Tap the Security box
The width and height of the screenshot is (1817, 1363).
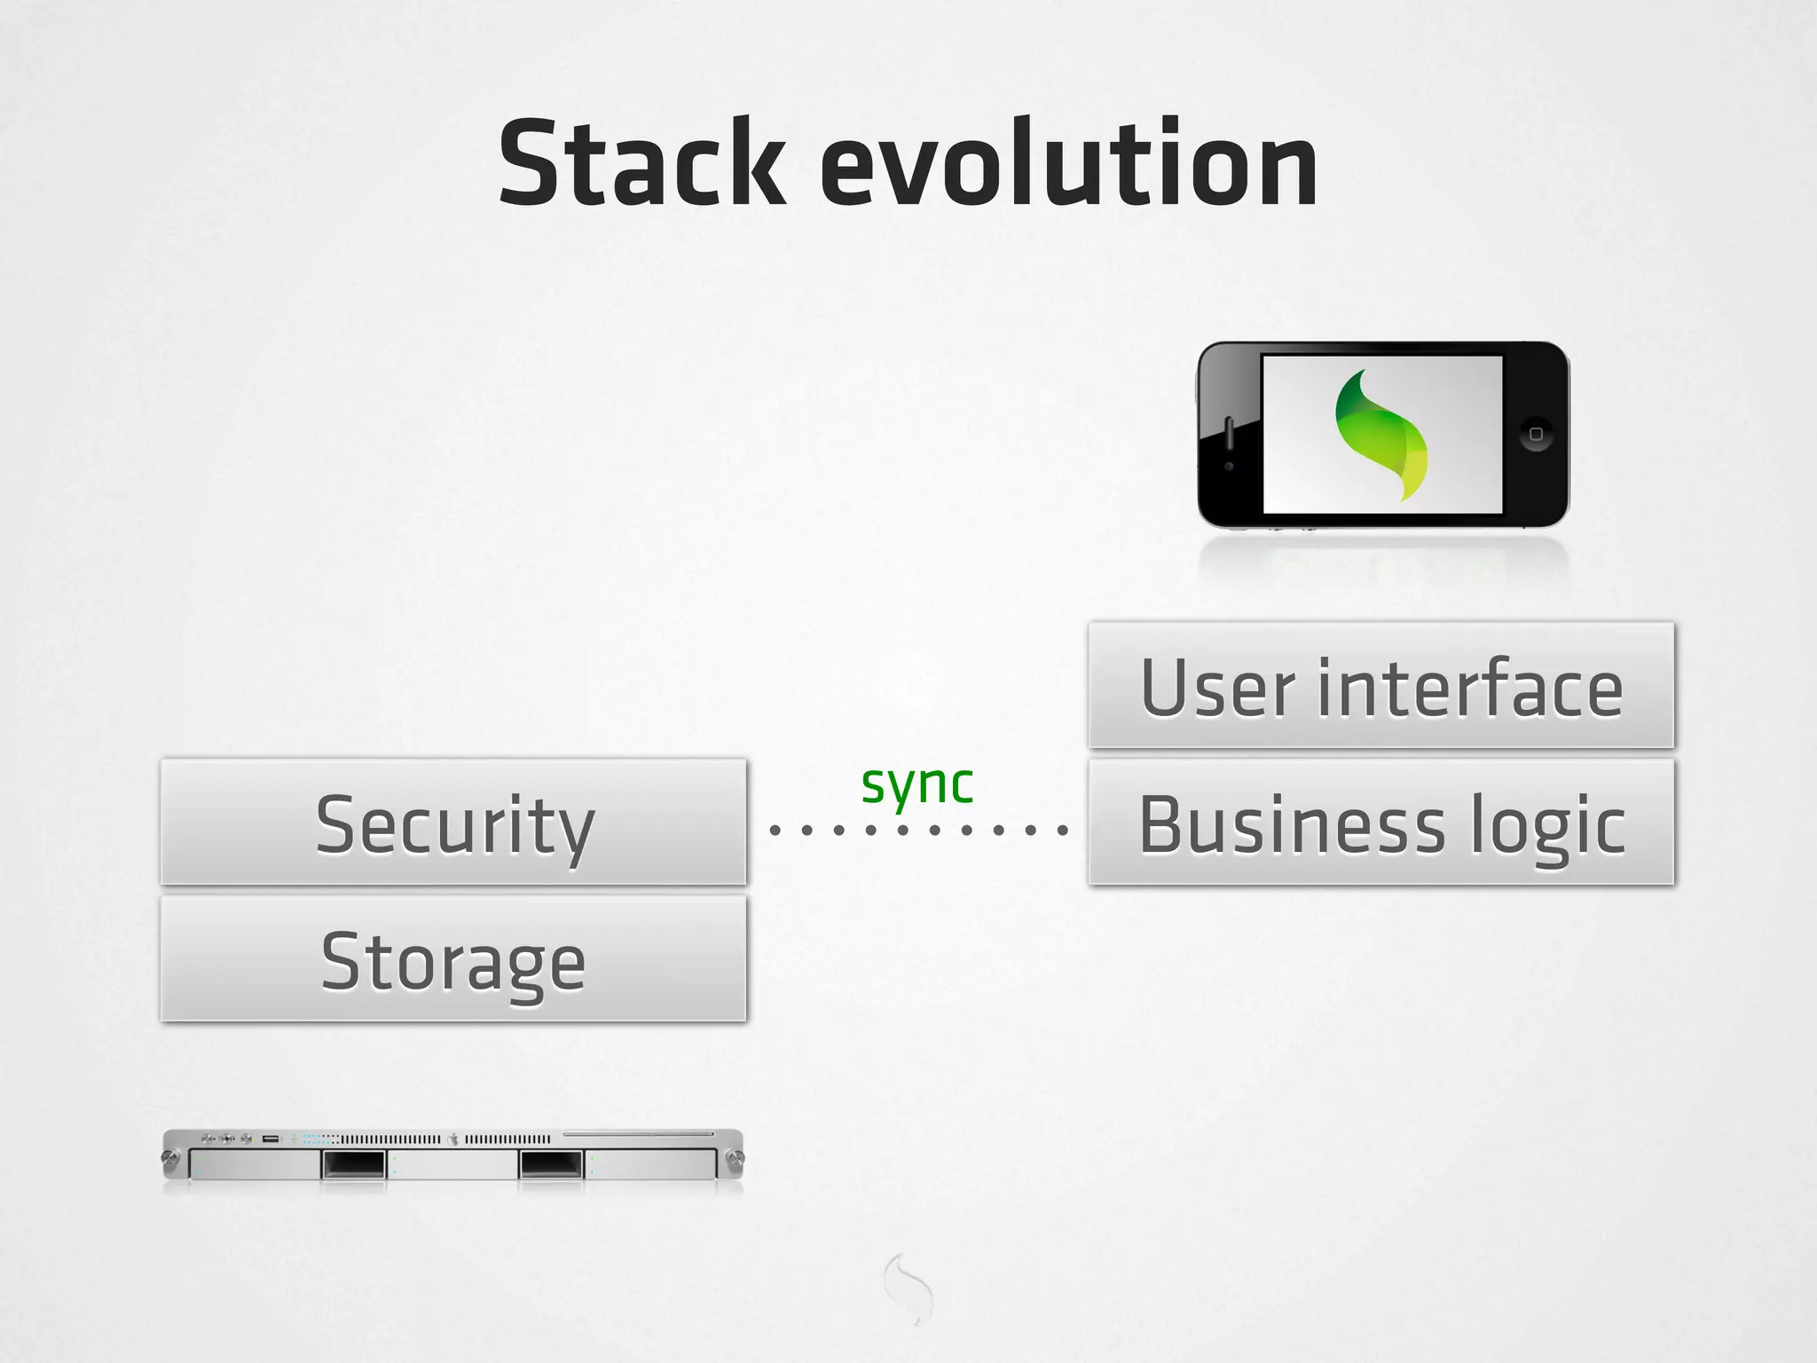click(x=453, y=822)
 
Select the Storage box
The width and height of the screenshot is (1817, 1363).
click(x=453, y=959)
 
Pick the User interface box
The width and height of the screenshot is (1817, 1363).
click(x=1380, y=685)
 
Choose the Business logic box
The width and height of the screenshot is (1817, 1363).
click(x=1380, y=822)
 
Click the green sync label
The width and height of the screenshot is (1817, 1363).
click(x=917, y=784)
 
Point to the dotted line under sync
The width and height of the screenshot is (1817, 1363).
click(x=917, y=831)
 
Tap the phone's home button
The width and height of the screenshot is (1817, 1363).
click(x=1536, y=434)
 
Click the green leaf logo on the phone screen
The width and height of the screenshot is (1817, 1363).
click(x=1381, y=435)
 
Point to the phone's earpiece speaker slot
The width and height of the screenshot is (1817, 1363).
click(x=1230, y=433)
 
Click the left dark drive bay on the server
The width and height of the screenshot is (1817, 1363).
click(x=353, y=1163)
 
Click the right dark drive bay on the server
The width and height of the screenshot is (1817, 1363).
click(x=551, y=1163)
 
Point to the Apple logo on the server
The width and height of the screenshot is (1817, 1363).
click(x=452, y=1138)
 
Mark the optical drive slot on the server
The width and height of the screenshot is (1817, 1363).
click(x=638, y=1134)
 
